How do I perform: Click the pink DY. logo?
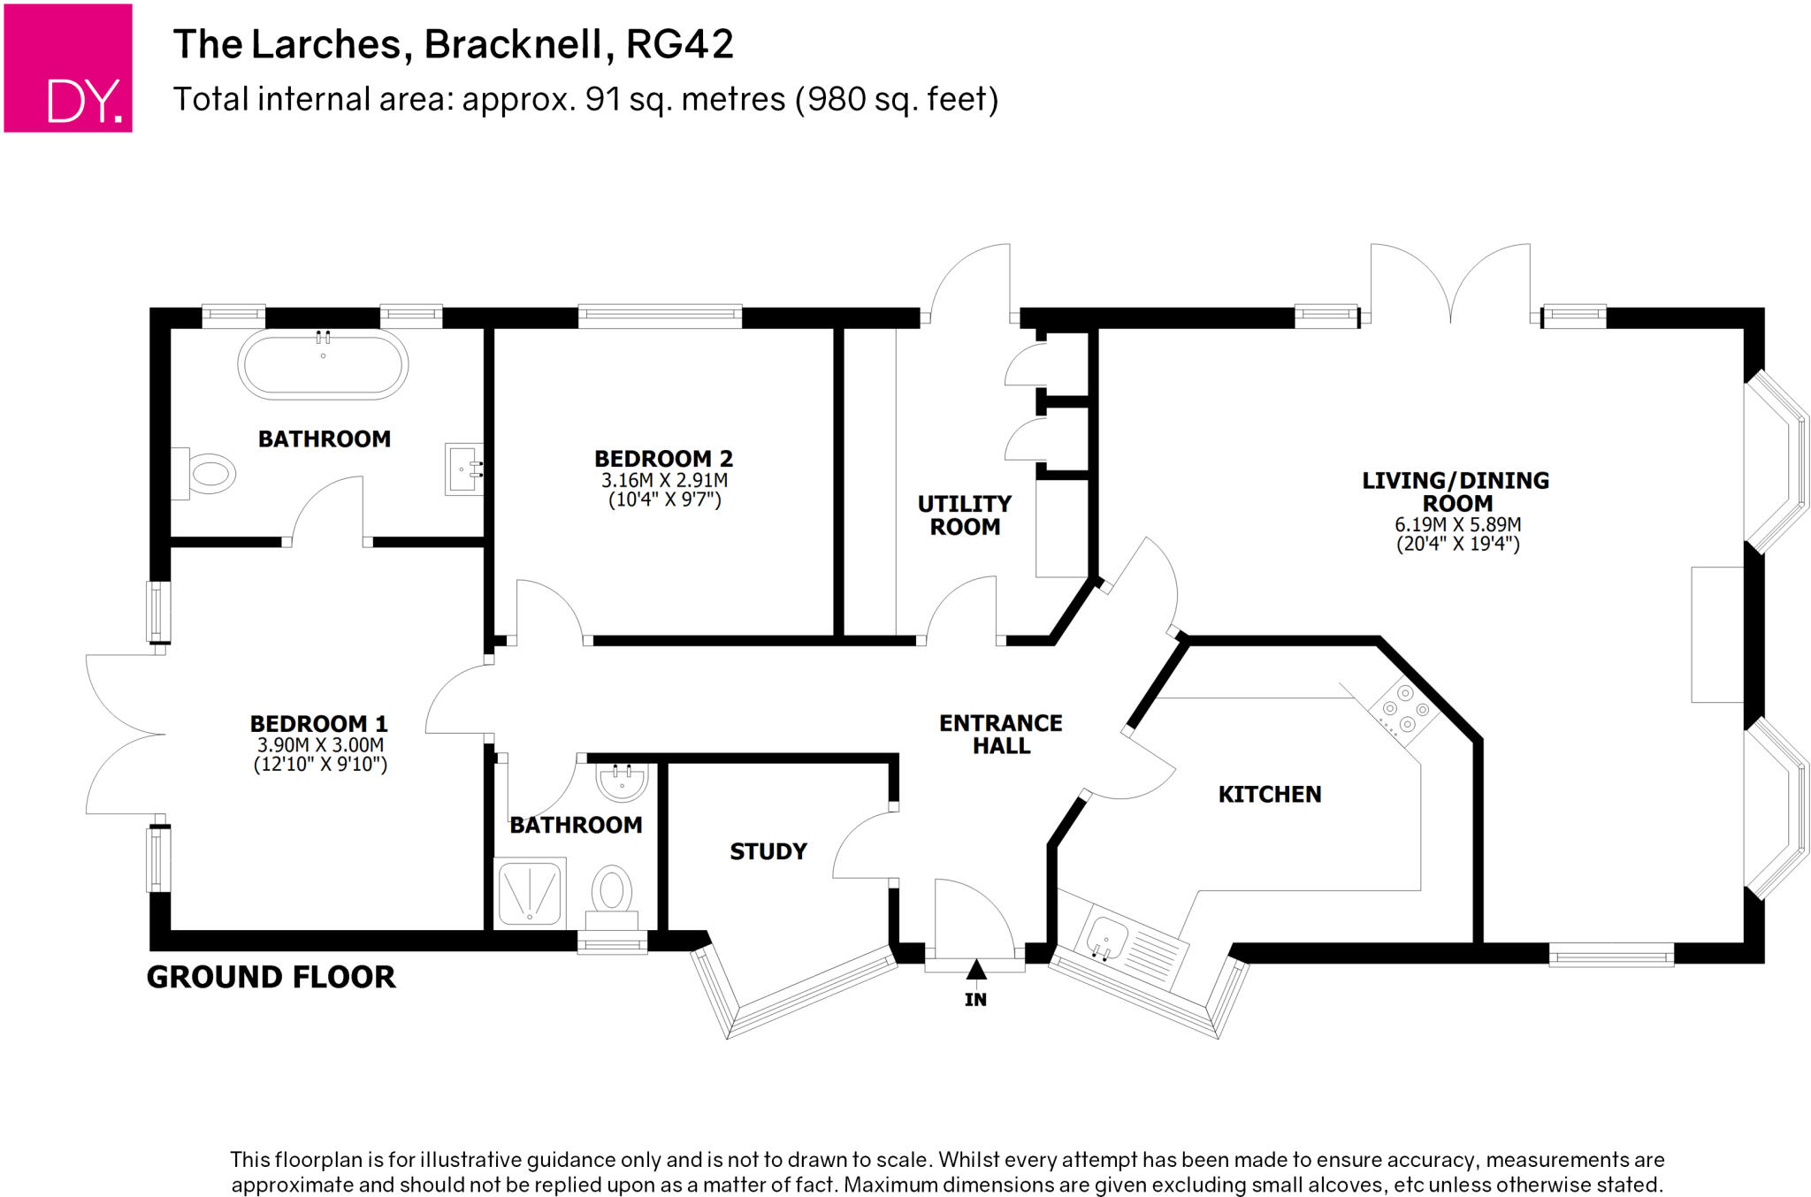(68, 68)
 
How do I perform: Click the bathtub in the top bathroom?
(323, 364)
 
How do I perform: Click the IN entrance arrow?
(975, 971)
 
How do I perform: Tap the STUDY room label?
(768, 851)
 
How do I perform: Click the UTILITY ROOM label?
(964, 515)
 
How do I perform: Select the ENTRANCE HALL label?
(1000, 735)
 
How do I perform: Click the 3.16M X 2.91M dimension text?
(664, 481)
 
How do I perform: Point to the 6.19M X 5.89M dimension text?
(1457, 524)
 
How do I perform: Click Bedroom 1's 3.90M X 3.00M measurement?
(320, 745)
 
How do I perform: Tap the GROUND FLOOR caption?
(271, 977)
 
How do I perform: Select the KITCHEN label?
(1269, 795)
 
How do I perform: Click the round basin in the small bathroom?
(623, 781)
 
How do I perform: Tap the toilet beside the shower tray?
(611, 891)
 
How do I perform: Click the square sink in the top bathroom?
(463, 469)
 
